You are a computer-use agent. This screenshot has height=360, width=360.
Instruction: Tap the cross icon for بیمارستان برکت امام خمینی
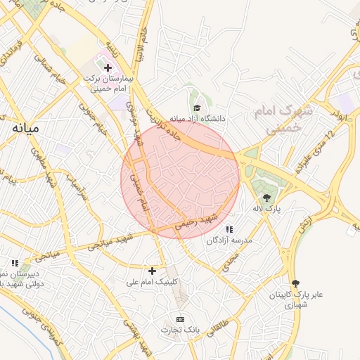click(108, 68)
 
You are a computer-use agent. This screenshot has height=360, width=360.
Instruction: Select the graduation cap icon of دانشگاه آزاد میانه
click(198, 108)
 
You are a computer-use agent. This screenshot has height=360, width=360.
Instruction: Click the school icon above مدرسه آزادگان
click(229, 229)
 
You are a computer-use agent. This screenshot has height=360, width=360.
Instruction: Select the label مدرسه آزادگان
click(229, 240)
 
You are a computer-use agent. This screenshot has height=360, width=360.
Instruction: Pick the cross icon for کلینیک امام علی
click(152, 271)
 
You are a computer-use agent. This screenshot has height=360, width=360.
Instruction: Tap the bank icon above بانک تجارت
click(181, 319)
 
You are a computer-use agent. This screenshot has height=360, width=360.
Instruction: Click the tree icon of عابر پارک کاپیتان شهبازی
click(295, 283)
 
